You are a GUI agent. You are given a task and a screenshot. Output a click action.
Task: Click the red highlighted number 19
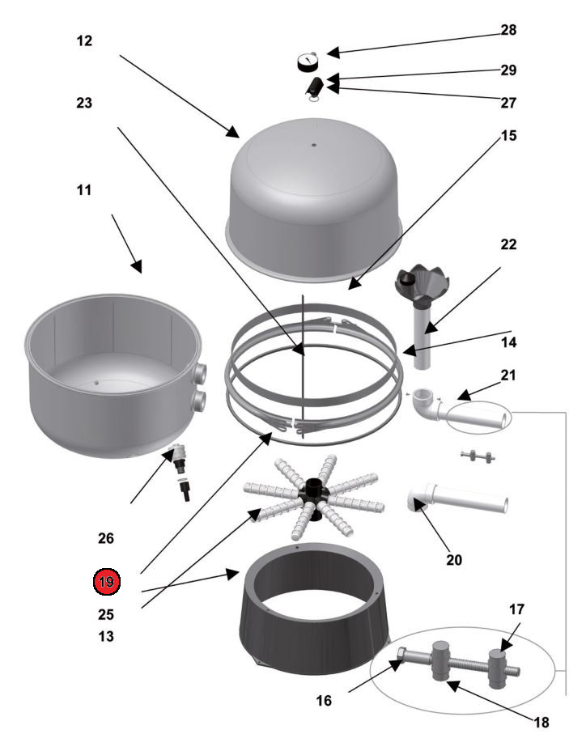[x=107, y=582]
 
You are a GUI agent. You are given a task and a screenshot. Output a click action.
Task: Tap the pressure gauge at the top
[x=308, y=62]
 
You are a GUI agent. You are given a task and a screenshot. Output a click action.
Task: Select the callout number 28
[x=508, y=30]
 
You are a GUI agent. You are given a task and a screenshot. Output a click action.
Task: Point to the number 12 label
[x=84, y=40]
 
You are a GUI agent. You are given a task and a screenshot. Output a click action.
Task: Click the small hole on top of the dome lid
[x=314, y=145]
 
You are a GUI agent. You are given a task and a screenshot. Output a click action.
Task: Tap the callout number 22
[x=508, y=244]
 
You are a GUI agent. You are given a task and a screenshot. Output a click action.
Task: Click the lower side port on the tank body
[x=199, y=401]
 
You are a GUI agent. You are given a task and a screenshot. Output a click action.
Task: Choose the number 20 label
[x=454, y=560]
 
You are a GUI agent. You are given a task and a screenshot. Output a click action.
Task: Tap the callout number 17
[x=516, y=609]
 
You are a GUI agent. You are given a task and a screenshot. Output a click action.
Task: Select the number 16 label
[x=324, y=701]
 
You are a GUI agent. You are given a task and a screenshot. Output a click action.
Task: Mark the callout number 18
[x=541, y=723]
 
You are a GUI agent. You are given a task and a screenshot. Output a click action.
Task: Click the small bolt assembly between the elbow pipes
[x=478, y=456]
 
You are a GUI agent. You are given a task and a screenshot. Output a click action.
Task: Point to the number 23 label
[x=84, y=103]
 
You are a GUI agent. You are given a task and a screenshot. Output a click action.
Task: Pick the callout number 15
[x=508, y=136]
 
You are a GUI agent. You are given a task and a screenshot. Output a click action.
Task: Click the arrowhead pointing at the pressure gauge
[x=333, y=53]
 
